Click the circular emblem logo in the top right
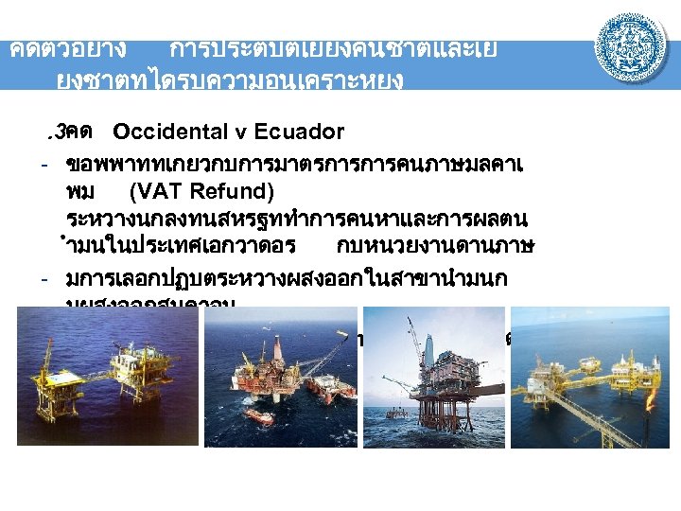click(x=631, y=46)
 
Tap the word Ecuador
click(x=299, y=131)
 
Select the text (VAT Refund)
click(x=201, y=192)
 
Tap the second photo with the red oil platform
click(x=282, y=379)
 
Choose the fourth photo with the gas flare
click(x=588, y=379)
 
